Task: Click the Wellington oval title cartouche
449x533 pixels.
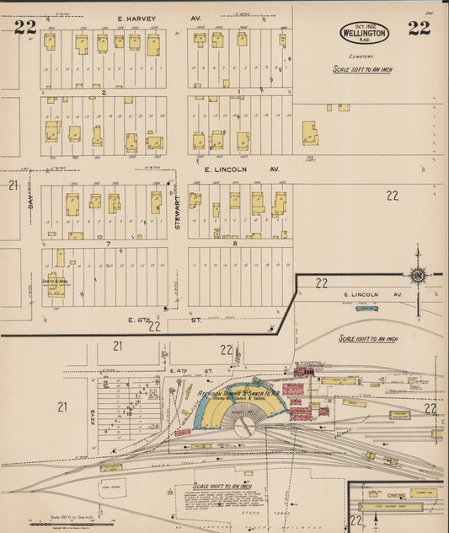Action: (x=365, y=33)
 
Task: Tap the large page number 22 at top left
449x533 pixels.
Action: (x=25, y=27)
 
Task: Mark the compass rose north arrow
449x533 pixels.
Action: (x=417, y=273)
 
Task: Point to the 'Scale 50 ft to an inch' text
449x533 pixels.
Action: (x=363, y=69)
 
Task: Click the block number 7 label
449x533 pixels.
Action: (x=108, y=243)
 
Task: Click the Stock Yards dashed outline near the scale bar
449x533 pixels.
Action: (x=111, y=487)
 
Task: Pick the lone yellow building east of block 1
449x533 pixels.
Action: (x=310, y=133)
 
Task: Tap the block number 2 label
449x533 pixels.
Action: (x=104, y=91)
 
